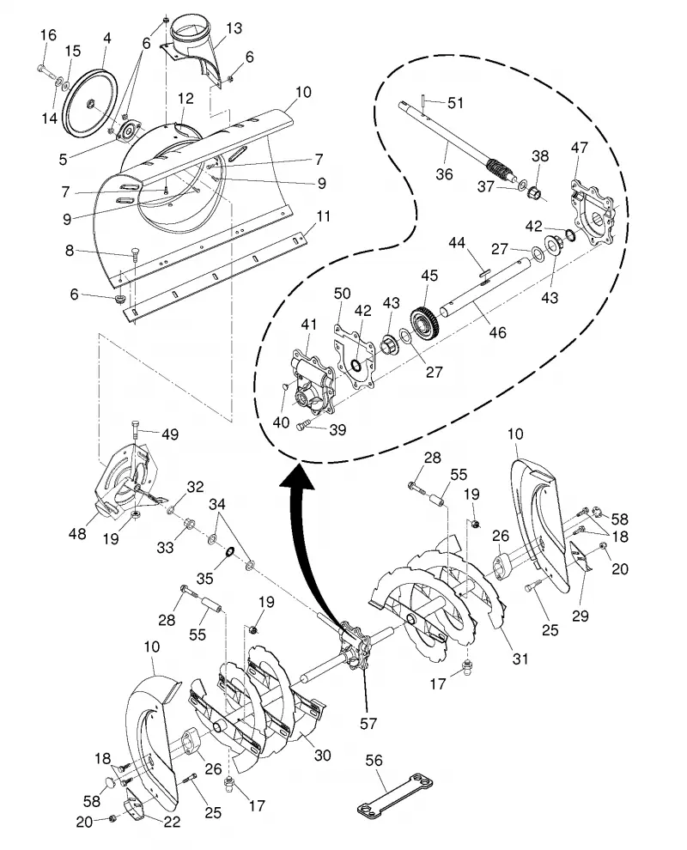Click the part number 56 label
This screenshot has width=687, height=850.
(x=374, y=760)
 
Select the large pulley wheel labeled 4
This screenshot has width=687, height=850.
(x=90, y=101)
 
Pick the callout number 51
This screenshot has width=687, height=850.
(x=455, y=102)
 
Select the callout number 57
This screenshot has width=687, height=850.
(x=368, y=723)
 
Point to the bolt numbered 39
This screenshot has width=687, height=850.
(x=304, y=424)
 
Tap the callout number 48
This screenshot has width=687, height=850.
(x=77, y=533)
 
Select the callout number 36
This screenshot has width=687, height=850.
(x=444, y=174)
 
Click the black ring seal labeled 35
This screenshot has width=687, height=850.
(x=229, y=552)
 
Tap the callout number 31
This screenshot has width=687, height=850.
(x=520, y=659)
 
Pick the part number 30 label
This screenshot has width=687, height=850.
(x=323, y=755)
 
